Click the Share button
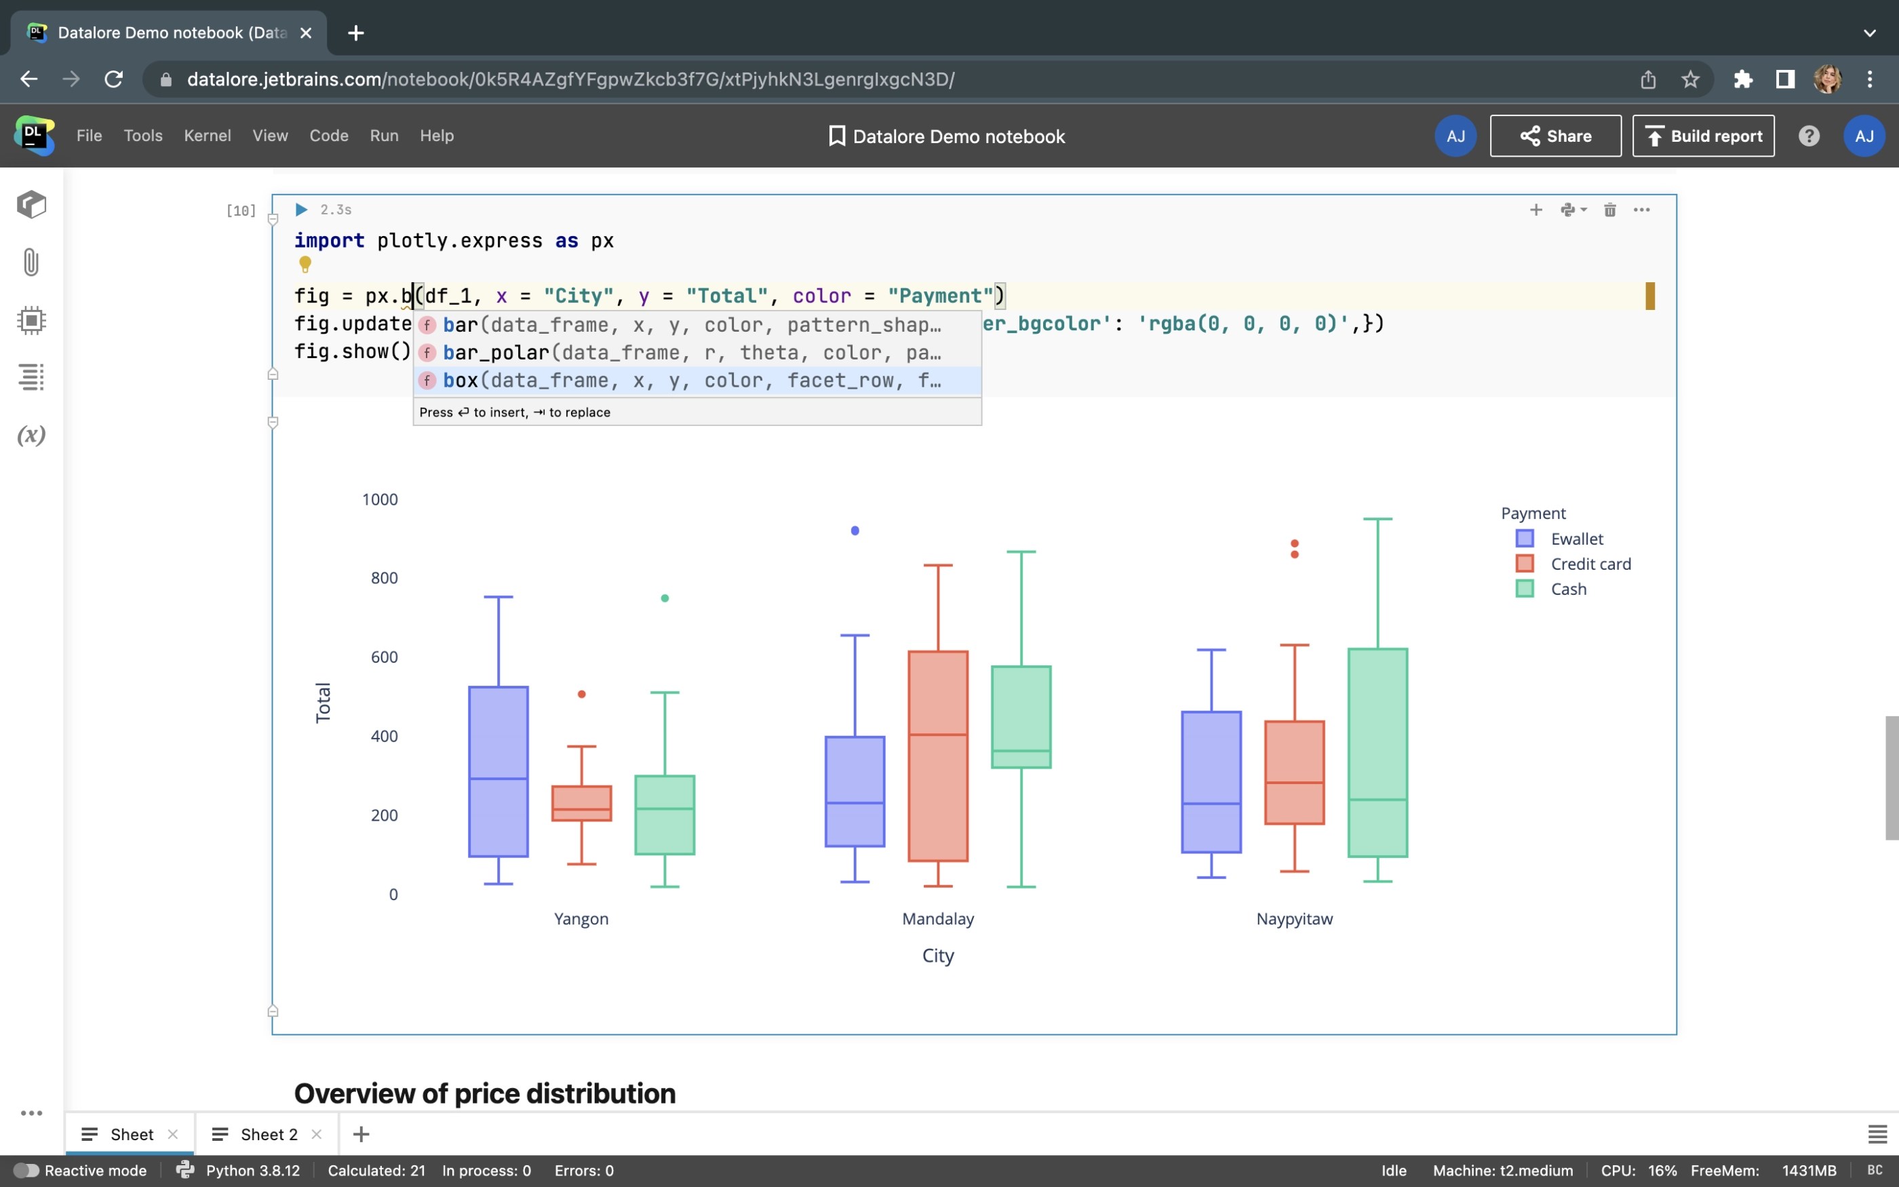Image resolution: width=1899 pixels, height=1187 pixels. point(1554,136)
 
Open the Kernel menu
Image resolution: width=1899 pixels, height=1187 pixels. point(207,136)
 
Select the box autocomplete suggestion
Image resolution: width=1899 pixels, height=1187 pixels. point(690,381)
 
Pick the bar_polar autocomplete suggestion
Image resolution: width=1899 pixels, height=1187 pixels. point(690,353)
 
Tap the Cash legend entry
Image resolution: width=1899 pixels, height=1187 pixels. point(1567,589)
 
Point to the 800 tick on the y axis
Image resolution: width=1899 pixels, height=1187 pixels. point(384,579)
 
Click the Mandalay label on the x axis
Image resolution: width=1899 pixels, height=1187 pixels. point(938,918)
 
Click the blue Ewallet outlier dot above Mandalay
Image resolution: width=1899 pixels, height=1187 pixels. point(855,530)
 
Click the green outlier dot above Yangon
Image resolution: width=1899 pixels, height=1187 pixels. point(665,598)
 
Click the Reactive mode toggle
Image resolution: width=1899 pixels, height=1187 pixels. point(26,1171)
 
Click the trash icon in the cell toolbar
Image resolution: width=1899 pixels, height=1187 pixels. point(1609,210)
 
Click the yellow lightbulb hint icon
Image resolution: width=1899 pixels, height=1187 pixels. point(305,264)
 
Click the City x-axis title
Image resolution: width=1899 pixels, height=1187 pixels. point(938,956)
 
